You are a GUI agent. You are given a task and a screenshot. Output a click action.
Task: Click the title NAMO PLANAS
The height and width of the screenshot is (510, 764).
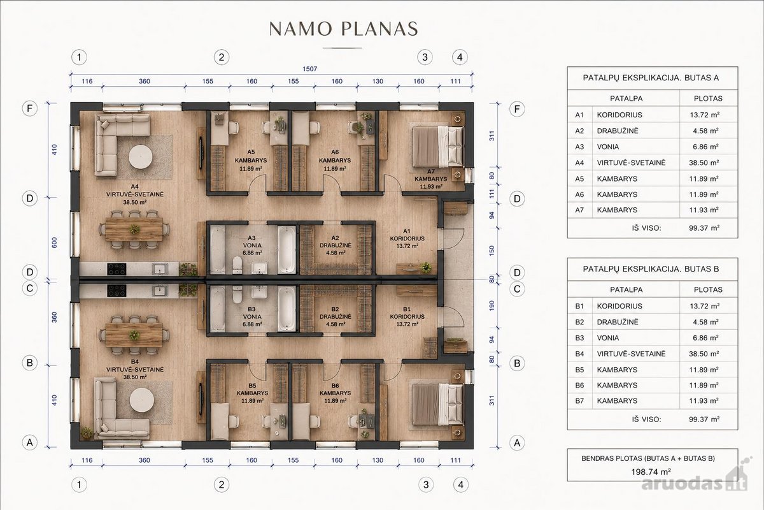[x=343, y=29]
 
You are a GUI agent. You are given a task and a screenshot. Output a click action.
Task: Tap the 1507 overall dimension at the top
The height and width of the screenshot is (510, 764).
[x=309, y=69]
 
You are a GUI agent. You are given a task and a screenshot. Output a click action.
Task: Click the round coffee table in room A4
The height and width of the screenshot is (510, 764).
[x=141, y=157]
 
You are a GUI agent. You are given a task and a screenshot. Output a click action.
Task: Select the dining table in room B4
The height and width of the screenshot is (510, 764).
[x=134, y=335]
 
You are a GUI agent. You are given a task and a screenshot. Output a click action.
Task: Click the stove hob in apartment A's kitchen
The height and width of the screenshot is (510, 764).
[x=117, y=269]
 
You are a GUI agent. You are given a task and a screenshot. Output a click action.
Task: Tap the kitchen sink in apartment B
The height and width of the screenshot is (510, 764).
[x=160, y=291]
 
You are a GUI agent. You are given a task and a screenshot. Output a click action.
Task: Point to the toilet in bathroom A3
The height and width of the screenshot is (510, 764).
[x=237, y=265]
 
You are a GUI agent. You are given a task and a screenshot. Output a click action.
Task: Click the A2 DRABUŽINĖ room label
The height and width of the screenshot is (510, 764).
[x=336, y=245]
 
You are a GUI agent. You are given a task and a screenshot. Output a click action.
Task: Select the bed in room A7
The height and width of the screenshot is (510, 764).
[x=438, y=147]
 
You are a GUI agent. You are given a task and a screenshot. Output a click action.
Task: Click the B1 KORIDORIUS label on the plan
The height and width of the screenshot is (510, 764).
[x=407, y=317]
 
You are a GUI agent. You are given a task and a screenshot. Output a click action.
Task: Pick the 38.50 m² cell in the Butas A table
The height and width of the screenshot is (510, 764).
[x=704, y=163]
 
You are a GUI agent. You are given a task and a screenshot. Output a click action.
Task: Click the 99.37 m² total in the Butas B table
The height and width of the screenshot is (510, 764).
[x=704, y=419]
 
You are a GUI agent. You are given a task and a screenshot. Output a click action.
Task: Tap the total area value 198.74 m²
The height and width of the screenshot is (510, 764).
[x=651, y=472]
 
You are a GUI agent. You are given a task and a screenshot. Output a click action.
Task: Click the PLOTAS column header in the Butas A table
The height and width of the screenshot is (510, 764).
[x=708, y=99]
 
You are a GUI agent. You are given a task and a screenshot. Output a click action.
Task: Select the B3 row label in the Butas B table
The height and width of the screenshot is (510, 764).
[x=579, y=338]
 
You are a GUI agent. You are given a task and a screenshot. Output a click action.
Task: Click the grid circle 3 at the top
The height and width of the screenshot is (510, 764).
[x=425, y=57]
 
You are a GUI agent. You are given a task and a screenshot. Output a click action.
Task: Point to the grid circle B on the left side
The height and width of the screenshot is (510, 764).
[x=30, y=363]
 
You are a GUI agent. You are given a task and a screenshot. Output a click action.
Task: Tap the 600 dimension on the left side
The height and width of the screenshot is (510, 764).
[x=54, y=243]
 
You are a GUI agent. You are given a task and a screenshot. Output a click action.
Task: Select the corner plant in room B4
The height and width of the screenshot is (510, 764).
[x=87, y=433]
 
